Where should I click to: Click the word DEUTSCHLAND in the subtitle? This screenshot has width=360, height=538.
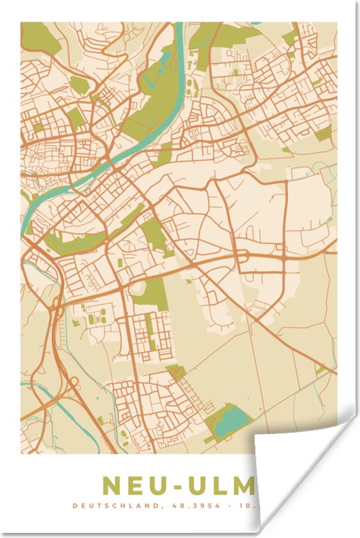pyautogui.click(x=111, y=505)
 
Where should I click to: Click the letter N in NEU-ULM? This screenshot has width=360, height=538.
pyautogui.click(x=112, y=486)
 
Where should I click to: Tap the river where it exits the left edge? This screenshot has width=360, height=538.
pyautogui.click(x=26, y=226)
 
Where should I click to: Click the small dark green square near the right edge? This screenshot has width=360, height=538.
pyautogui.click(x=323, y=135)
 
